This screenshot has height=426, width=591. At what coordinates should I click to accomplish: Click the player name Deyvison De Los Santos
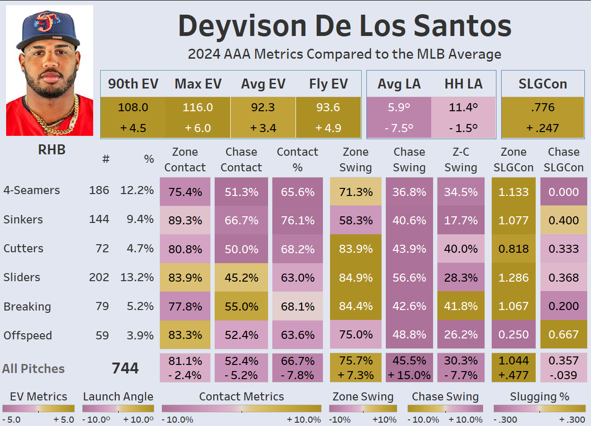coord(345,27)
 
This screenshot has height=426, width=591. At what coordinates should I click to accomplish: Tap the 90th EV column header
coord(133,84)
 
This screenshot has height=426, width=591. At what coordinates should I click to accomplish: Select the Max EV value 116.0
coord(198,107)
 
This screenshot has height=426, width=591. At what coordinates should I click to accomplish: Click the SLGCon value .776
coord(542,107)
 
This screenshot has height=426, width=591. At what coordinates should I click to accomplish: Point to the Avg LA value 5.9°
coord(399,107)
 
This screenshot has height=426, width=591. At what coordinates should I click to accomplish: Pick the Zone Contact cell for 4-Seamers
coord(185,192)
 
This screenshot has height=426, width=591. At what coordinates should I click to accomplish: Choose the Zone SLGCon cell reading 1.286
coord(513,277)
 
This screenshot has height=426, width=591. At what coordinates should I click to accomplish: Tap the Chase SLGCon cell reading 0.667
coord(563,335)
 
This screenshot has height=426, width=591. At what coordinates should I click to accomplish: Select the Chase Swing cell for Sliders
coord(409,277)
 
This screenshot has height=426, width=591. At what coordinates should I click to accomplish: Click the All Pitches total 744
coord(125,368)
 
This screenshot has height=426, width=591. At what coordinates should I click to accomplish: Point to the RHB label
coord(52,150)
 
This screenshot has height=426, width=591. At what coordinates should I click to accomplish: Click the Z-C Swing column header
coord(461,160)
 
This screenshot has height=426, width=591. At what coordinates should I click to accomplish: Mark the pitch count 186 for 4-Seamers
coord(99,190)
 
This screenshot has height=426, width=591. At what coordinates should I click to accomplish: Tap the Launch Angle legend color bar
coord(118,408)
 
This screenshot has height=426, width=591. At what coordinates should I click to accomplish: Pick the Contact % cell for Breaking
coord(297,306)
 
